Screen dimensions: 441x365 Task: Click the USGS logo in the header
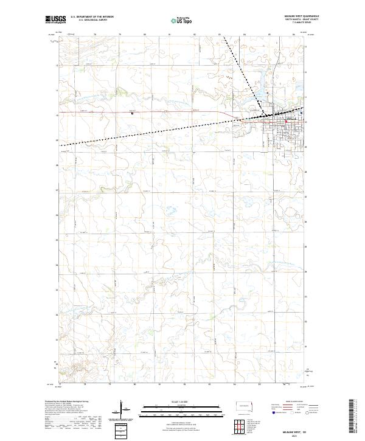(55, 19)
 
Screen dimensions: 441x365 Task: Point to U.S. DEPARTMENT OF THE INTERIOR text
(92, 17)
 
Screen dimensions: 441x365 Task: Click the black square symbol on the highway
(133, 112)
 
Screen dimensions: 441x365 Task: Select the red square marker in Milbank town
(287, 120)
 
